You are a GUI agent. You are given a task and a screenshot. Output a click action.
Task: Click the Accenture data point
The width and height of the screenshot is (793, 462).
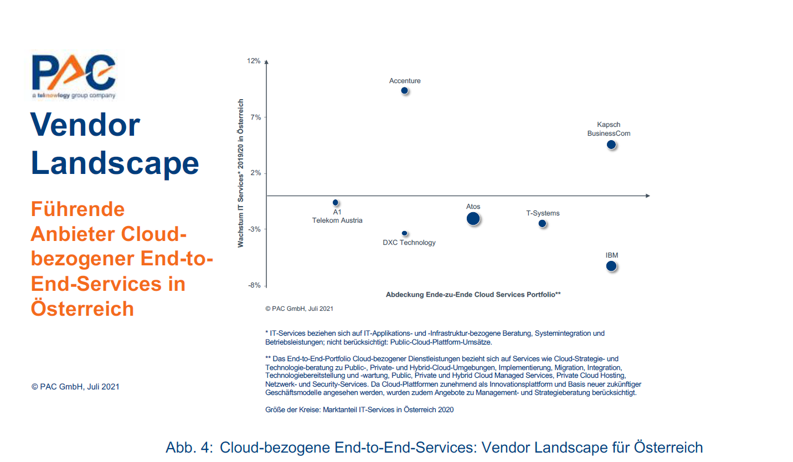pyautogui.click(x=404, y=90)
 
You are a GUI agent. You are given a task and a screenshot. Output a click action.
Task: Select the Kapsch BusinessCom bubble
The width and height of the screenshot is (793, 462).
pyautogui.click(x=611, y=145)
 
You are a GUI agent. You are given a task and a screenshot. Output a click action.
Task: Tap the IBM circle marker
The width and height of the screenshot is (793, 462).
pyautogui.click(x=611, y=266)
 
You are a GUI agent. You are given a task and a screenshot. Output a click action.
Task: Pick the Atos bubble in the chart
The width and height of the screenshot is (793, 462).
pyautogui.click(x=473, y=218)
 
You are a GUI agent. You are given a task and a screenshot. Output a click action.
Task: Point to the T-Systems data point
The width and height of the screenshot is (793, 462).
pyautogui.click(x=542, y=223)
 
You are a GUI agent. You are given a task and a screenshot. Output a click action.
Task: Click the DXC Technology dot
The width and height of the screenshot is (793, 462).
pyautogui.click(x=404, y=233)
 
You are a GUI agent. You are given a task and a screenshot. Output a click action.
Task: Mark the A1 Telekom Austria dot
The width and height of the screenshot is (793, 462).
pyautogui.click(x=336, y=203)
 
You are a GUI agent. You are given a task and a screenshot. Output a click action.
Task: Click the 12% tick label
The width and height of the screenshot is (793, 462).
pyautogui.click(x=254, y=61)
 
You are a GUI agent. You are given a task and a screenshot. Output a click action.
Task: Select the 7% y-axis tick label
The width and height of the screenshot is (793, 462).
pyautogui.click(x=255, y=117)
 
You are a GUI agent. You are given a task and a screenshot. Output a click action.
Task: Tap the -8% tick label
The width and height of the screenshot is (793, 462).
pyautogui.click(x=254, y=285)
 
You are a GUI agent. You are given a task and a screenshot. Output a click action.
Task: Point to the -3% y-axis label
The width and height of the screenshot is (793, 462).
pyautogui.click(x=254, y=229)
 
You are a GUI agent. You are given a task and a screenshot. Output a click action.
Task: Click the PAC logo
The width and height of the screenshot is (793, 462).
pyautogui.click(x=74, y=76)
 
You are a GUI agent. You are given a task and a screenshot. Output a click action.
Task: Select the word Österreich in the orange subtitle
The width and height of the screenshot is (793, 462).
pyautogui.click(x=83, y=308)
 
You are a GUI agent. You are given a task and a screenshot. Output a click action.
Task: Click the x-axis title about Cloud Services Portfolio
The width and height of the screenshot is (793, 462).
pyautogui.click(x=473, y=295)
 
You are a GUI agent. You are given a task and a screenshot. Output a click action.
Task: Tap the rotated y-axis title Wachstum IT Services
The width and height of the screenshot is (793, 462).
pyautogui.click(x=241, y=173)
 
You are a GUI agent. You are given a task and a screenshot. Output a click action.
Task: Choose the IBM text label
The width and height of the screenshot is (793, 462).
pyautogui.click(x=611, y=255)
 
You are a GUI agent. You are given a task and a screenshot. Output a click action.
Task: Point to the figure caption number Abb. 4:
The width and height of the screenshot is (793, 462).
pyautogui.click(x=189, y=448)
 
